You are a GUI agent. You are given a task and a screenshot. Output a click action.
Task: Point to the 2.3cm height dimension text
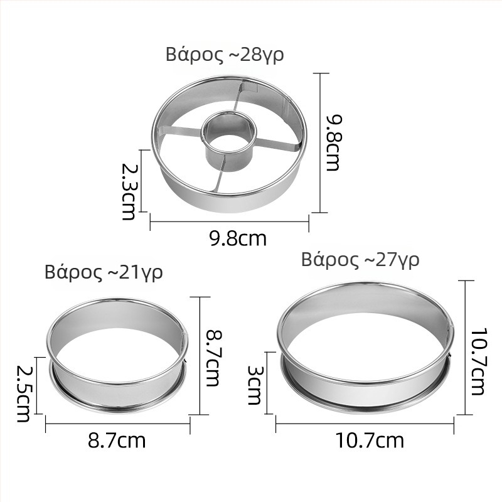pyautogui.click(x=129, y=192)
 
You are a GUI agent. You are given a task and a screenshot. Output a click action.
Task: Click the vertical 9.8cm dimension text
pyautogui.click(x=333, y=143)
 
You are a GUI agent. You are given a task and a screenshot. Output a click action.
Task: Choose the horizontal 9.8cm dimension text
pyautogui.click(x=238, y=238)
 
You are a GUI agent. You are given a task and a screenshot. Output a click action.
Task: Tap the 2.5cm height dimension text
pyautogui.click(x=23, y=393)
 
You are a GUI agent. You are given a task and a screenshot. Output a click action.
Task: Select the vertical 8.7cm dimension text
pyautogui.click(x=213, y=358)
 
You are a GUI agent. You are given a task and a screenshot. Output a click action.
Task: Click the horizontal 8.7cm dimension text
pyautogui.click(x=117, y=441)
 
